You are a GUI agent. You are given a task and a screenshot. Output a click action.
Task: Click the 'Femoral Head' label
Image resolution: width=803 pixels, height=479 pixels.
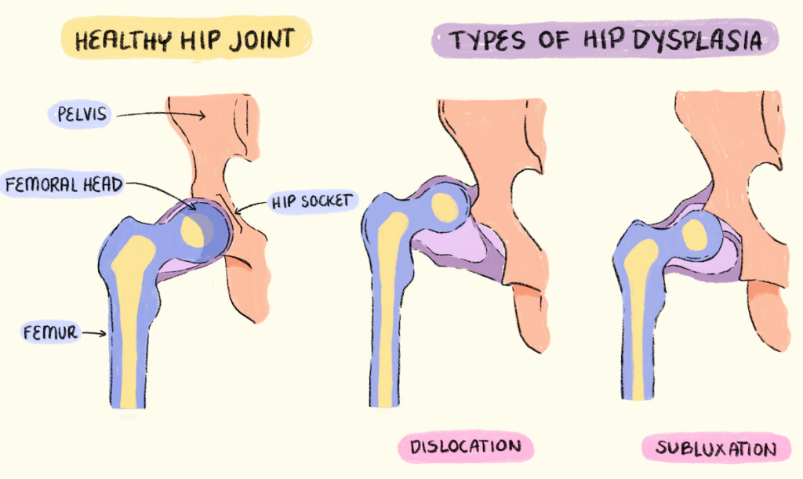pos(62,185)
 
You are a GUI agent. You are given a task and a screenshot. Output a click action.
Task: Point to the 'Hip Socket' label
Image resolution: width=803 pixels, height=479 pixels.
pos(313,201)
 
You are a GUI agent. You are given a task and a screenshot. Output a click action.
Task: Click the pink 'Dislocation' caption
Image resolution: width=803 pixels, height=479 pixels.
pos(465,448)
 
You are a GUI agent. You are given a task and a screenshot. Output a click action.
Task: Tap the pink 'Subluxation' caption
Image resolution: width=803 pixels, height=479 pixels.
pos(716,448)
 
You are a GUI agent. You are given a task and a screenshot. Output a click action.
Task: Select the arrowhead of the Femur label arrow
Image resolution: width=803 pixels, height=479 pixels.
pos(104,334)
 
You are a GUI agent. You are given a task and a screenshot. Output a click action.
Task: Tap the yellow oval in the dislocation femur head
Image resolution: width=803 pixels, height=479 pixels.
pos(445,206)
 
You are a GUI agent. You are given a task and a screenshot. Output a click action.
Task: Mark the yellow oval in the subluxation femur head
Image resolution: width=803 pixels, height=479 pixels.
pos(693,234)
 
